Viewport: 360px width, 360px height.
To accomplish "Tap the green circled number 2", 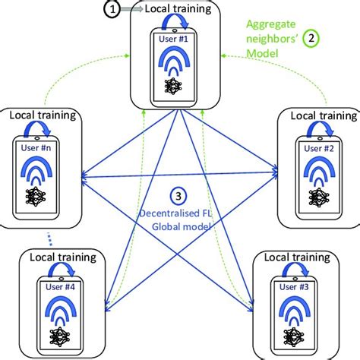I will tap(311, 36).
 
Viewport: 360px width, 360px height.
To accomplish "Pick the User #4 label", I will tap(55, 286).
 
